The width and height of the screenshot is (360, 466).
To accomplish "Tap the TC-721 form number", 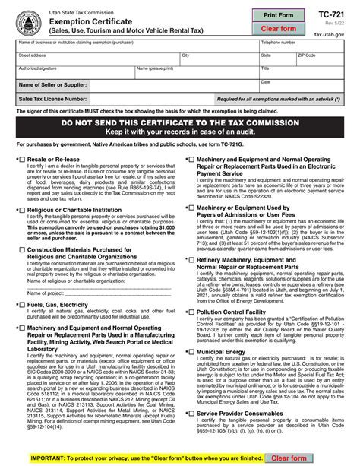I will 339,15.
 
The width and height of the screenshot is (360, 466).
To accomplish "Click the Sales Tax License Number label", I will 53,99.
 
